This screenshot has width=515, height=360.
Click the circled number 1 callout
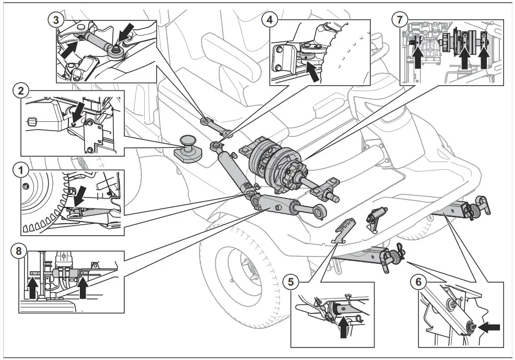tap(19, 171)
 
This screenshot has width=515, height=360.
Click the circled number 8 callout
tap(19, 251)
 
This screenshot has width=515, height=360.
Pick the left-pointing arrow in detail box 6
tap(489, 328)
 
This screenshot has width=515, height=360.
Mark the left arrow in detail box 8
tap(32, 287)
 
